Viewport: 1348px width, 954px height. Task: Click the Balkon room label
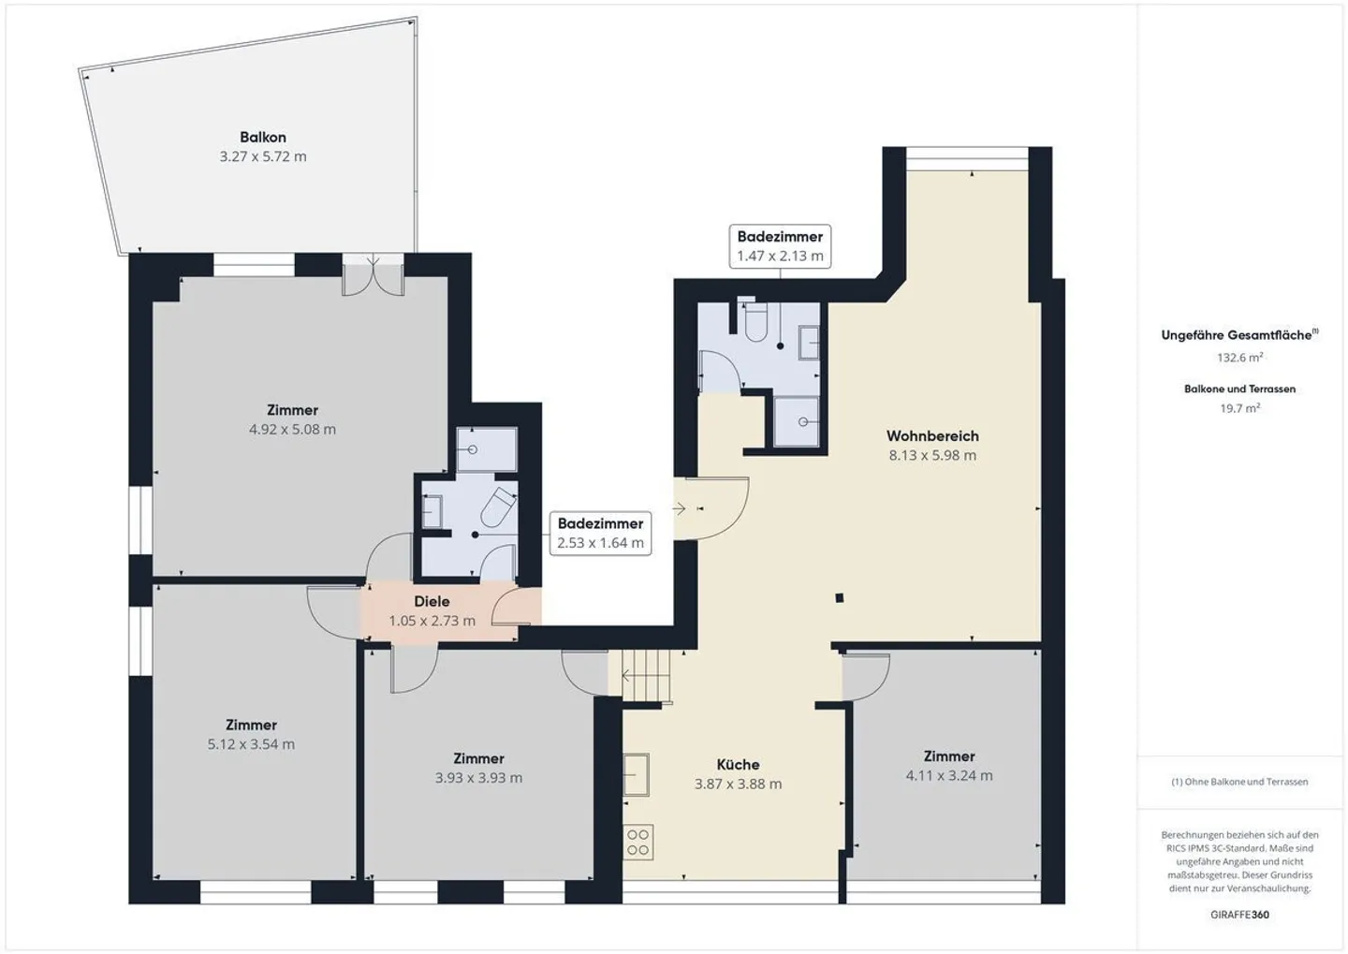pos(263,138)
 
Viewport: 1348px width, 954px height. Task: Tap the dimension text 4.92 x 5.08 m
pos(292,430)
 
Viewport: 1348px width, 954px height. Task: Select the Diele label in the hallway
pos(432,601)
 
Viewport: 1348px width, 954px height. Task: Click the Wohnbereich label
pos(932,436)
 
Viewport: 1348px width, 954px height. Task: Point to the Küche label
pos(738,765)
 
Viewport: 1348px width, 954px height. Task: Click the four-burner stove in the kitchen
pos(638,843)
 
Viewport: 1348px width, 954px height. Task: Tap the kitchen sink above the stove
pos(637,775)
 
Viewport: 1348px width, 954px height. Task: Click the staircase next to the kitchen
pos(647,674)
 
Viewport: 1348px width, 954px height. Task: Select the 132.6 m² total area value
pos(1239,358)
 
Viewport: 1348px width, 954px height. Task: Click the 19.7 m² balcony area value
pos(1239,408)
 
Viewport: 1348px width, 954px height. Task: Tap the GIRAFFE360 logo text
pos(1239,915)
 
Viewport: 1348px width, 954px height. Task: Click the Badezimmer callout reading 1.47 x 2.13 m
pos(780,246)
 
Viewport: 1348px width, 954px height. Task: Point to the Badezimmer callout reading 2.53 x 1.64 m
pos(600,534)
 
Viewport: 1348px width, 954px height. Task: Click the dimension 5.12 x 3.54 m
pos(251,745)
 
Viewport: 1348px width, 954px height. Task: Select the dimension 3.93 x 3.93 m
pos(478,778)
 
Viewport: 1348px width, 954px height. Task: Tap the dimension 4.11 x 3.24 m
pos(949,776)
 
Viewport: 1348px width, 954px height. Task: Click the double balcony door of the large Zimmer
pos(374,276)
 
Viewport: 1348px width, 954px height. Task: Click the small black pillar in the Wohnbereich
pos(840,598)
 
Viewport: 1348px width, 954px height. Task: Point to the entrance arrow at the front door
pos(680,508)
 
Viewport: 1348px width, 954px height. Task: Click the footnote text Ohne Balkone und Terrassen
pos(1239,782)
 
